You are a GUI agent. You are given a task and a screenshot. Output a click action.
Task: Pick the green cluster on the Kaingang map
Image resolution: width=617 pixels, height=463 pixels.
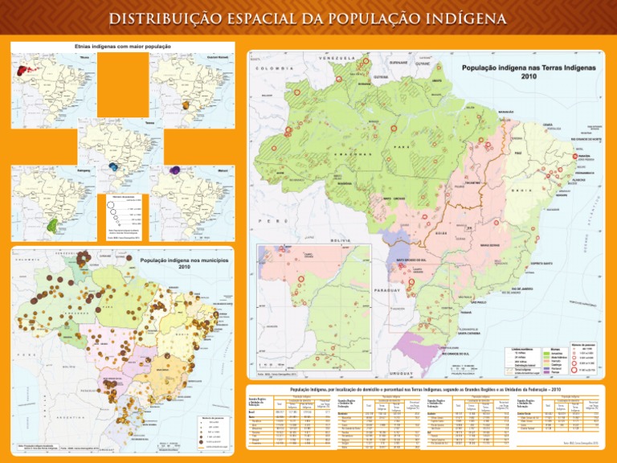pyautogui.click(x=53, y=223)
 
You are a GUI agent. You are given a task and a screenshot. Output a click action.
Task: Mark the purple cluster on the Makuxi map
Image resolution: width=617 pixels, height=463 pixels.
pyautogui.click(x=178, y=170)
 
